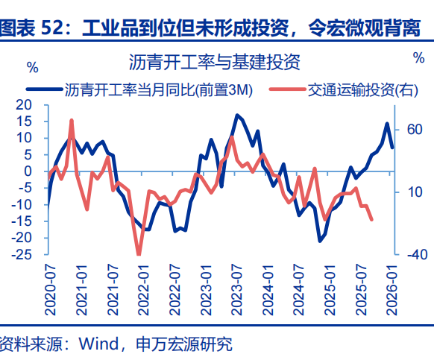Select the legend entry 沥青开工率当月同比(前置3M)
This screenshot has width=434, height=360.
(159, 90)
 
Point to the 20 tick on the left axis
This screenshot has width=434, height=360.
(31, 104)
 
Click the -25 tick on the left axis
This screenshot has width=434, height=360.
(29, 255)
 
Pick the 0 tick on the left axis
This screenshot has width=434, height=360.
(35, 171)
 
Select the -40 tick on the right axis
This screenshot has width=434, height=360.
(414, 255)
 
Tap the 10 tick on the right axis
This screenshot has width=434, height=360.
(414, 192)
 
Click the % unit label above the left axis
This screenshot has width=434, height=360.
(32, 67)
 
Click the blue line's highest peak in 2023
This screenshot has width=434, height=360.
(236, 116)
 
